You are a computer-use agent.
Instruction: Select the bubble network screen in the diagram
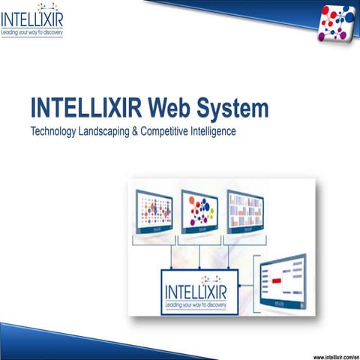tap(199, 211)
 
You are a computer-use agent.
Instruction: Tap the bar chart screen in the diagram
tap(245, 211)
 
